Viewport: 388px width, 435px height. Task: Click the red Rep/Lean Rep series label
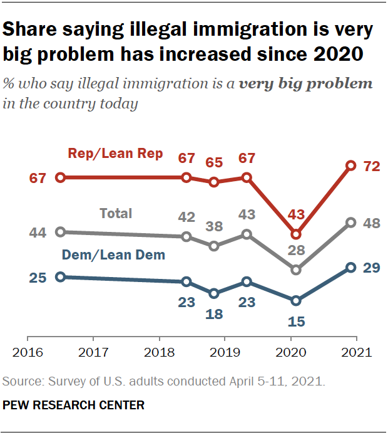tap(115, 153)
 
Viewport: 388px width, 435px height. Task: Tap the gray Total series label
tap(116, 213)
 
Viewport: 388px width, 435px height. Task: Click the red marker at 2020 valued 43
tap(297, 234)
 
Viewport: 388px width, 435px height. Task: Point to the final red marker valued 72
tap(351, 165)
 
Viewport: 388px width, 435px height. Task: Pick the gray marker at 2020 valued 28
tap(297, 270)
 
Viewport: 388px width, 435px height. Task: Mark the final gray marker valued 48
tap(351, 223)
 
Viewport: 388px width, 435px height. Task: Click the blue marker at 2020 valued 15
tap(297, 301)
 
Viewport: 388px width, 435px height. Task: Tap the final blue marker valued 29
tap(351, 268)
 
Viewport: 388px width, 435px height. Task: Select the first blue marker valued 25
tap(60, 276)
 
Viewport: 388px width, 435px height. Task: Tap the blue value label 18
tap(214, 313)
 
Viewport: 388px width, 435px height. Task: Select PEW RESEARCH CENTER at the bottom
tap(74, 405)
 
